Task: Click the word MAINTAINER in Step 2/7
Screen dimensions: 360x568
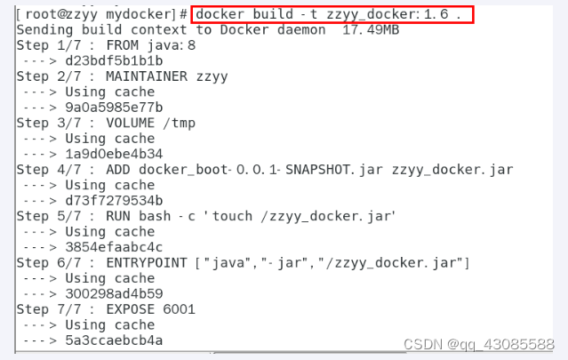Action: click(147, 76)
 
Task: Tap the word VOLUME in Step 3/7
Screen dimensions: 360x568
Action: click(134, 123)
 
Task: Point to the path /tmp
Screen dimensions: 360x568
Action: click(180, 123)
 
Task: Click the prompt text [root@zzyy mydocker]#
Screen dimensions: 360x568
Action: click(100, 15)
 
